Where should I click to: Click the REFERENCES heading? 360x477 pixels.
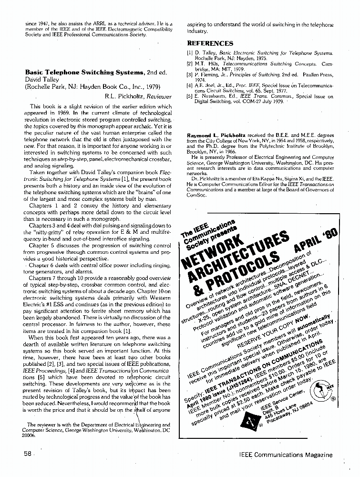[x=210, y=43]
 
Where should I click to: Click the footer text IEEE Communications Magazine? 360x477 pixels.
[x=286, y=455]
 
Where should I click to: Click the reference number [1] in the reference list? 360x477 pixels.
[x=189, y=53]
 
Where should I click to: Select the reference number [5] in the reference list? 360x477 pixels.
[x=189, y=96]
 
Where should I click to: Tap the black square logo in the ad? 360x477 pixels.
[x=250, y=420]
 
